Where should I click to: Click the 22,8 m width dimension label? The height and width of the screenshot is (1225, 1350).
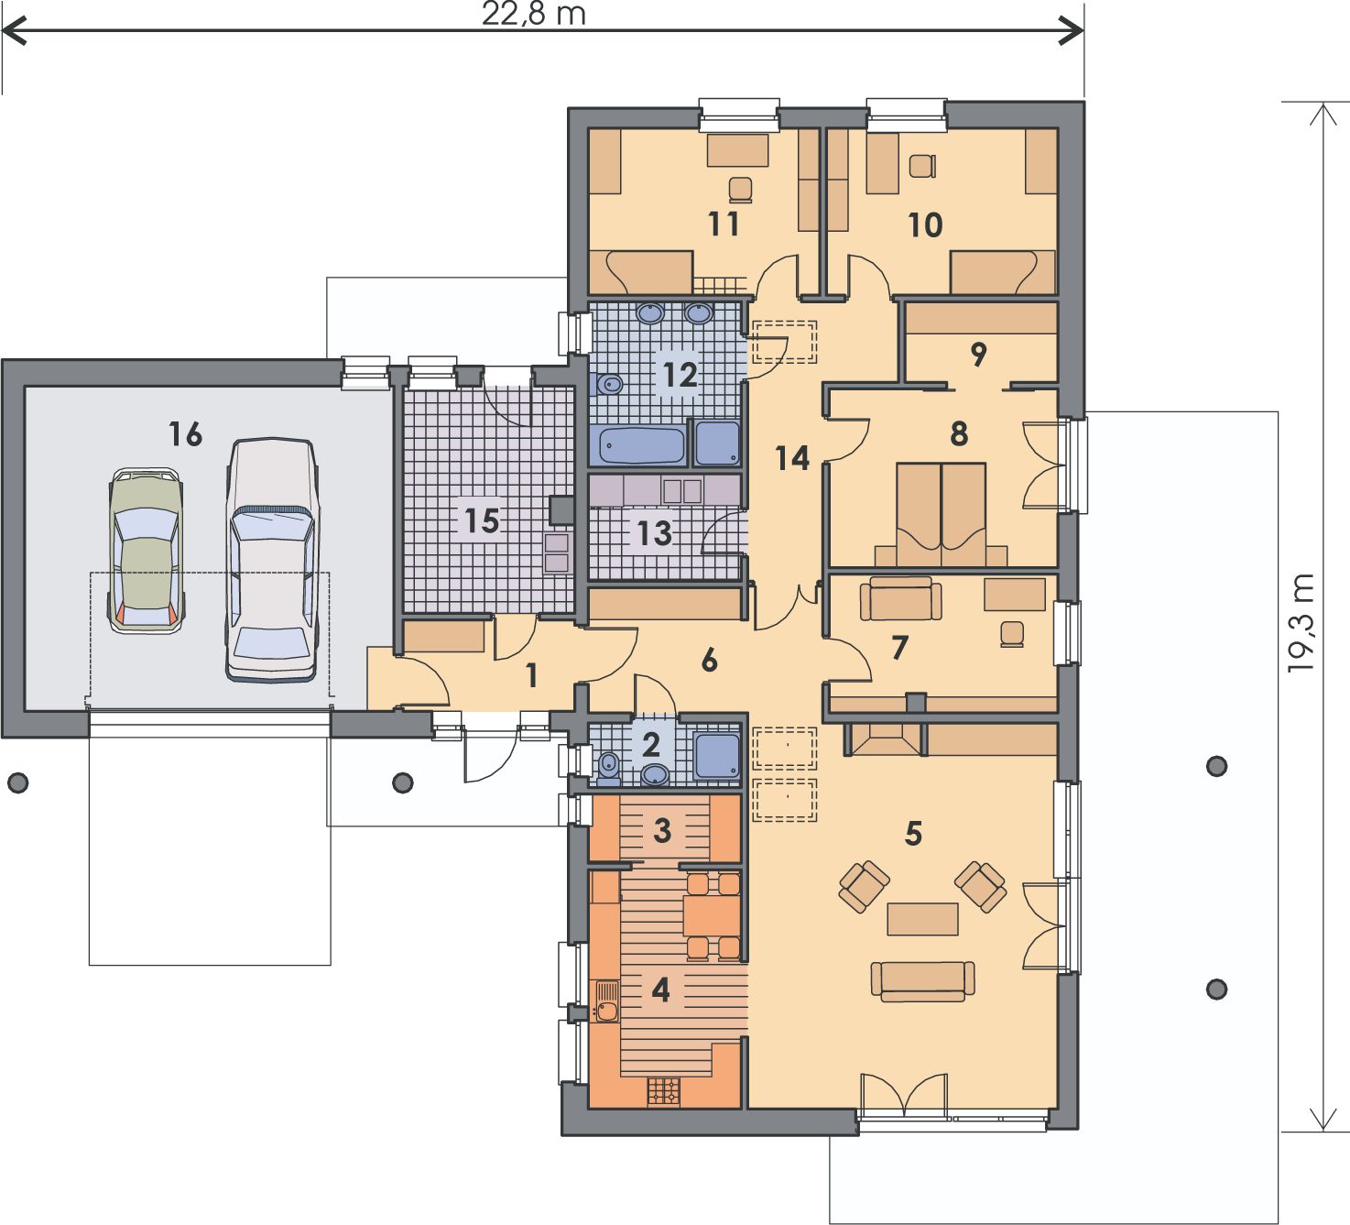[x=534, y=14]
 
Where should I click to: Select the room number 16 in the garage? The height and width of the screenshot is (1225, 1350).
[x=186, y=434]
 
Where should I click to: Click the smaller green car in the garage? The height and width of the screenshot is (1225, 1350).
[x=147, y=551]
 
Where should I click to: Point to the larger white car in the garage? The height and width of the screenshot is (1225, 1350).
[x=272, y=561]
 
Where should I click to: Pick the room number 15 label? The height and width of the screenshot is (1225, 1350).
[x=482, y=520]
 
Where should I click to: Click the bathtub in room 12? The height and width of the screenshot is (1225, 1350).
[x=641, y=444]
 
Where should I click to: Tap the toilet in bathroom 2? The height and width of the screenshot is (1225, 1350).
[x=609, y=769]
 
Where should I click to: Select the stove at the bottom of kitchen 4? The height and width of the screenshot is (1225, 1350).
[x=664, y=1091]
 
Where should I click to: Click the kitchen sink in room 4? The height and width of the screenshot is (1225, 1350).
[x=607, y=1001]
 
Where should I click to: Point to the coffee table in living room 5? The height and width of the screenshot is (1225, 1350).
[x=922, y=919]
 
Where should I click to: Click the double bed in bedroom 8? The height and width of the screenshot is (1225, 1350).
[x=942, y=515]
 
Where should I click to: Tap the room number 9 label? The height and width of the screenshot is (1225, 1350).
[x=978, y=354]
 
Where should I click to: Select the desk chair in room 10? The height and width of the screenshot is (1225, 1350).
[x=922, y=166]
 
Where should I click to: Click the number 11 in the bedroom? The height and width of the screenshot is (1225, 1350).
[x=724, y=224]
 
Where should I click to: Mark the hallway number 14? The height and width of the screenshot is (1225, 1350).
[x=792, y=458]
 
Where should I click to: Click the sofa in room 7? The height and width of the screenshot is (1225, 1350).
[x=900, y=598]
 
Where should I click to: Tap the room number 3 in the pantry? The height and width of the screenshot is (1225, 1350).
[x=662, y=830]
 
